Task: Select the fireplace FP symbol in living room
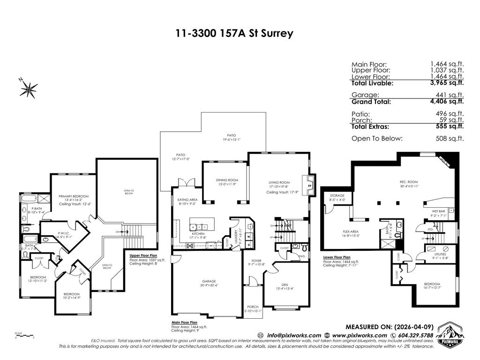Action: click(309, 186)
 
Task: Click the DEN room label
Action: click(281, 285)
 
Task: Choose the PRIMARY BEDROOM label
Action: click(74, 196)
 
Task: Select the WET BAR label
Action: click(438, 211)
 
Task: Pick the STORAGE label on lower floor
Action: click(337, 195)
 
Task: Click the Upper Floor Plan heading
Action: click(143, 255)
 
